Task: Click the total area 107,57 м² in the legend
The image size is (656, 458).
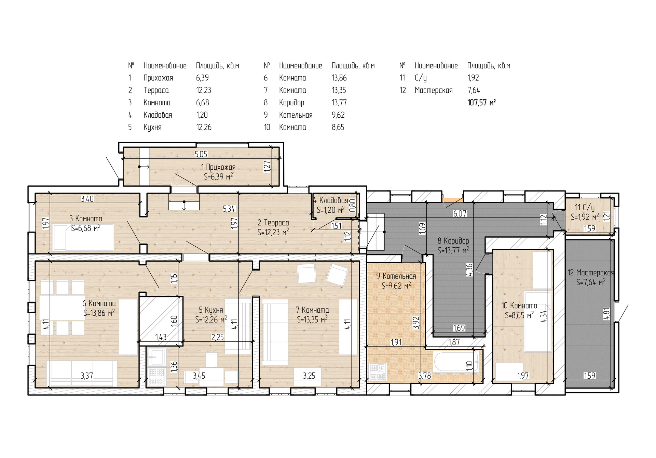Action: click(481, 103)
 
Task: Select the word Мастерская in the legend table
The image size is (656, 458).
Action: click(434, 90)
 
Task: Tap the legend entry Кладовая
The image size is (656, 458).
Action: click(158, 115)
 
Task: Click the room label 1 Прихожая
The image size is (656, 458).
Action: click(218, 167)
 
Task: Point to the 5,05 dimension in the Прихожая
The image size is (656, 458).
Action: click(201, 154)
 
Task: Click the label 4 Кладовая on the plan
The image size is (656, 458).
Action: click(331, 200)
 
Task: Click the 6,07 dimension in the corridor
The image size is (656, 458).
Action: click(460, 214)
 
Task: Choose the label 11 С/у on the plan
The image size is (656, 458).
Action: click(585, 208)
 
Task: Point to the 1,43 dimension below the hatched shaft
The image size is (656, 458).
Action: click(161, 337)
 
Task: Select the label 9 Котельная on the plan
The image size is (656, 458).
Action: click(396, 276)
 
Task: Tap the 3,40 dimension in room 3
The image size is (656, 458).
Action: click(87, 199)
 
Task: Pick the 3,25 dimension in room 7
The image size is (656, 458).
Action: click(309, 376)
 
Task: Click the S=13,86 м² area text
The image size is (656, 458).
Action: click(99, 312)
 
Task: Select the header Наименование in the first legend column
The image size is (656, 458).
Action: click(165, 66)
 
